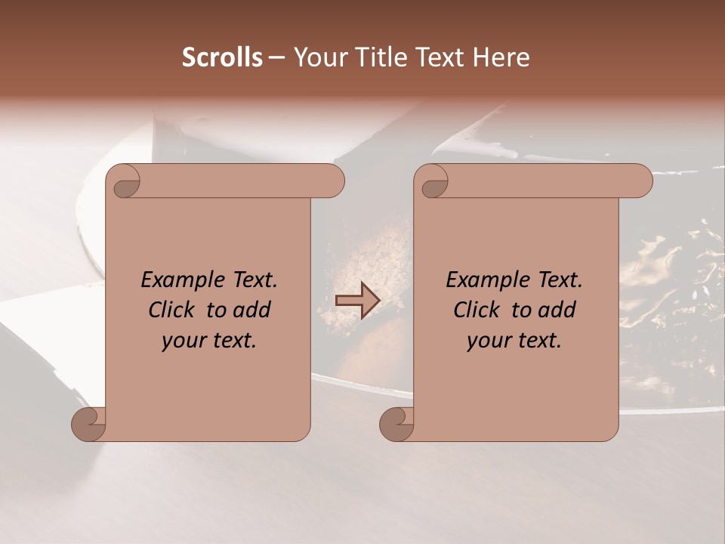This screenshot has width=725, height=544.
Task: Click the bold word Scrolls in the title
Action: pyautogui.click(x=223, y=57)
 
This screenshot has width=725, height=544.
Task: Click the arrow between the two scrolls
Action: pyautogui.click(x=358, y=301)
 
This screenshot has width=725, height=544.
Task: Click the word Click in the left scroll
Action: pyautogui.click(x=173, y=311)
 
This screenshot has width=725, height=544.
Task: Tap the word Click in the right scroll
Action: pyautogui.click(x=477, y=311)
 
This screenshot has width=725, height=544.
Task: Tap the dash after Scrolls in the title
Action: pyautogui.click(x=276, y=57)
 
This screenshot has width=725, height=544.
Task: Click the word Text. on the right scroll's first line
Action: pyautogui.click(x=560, y=280)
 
